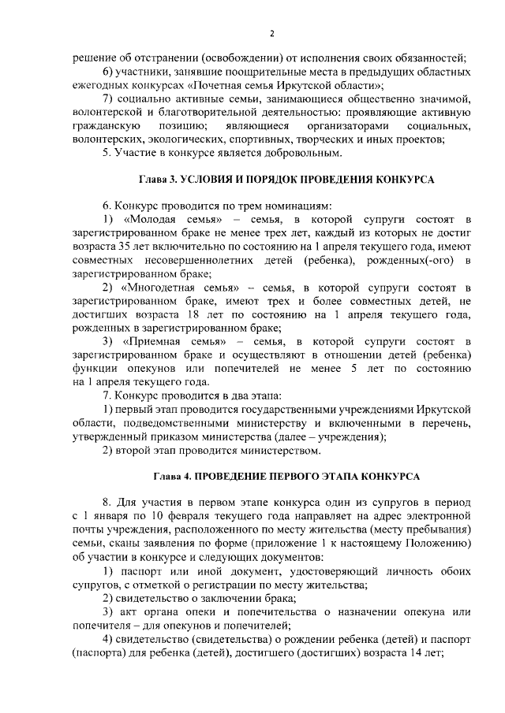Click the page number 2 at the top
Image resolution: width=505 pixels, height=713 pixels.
tap(271, 33)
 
